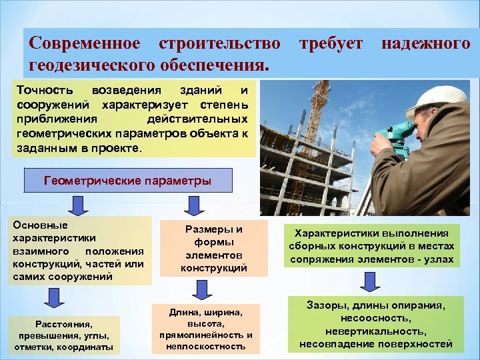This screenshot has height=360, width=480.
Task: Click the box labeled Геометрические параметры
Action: click(x=127, y=181)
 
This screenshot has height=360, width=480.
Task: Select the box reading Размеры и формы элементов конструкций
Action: click(x=213, y=249)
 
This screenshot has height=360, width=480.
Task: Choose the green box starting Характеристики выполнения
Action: click(x=372, y=246)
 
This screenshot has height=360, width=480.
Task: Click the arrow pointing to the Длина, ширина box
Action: click(x=199, y=288)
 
